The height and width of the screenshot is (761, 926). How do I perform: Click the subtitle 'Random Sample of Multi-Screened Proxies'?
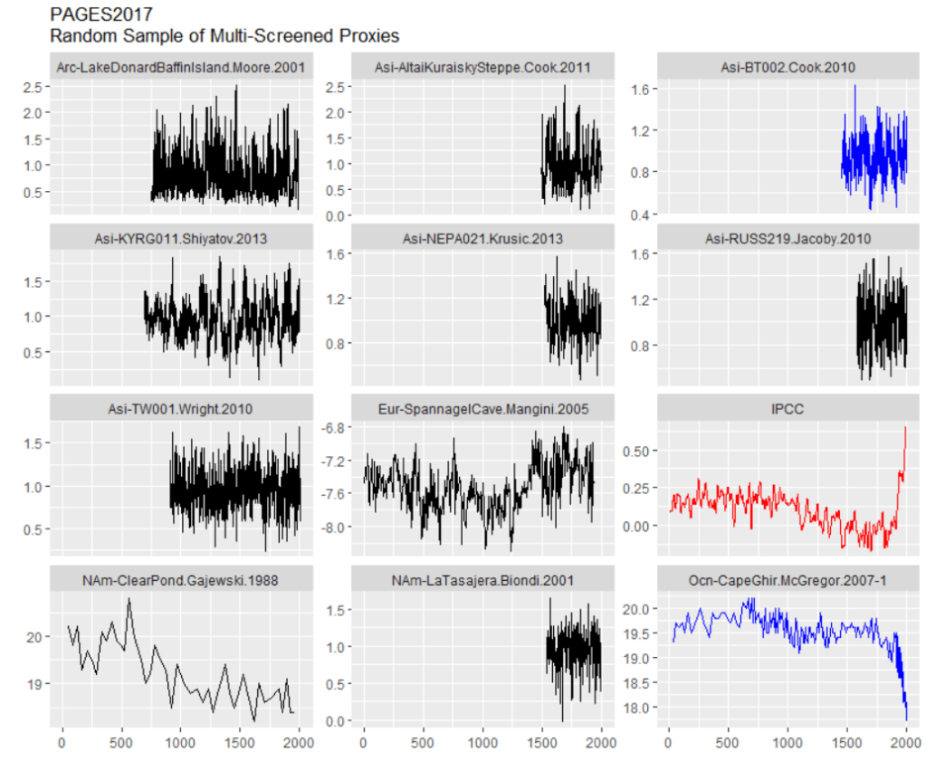tap(224, 36)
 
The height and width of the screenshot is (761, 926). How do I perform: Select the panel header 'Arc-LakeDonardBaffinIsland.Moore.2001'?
tap(180, 67)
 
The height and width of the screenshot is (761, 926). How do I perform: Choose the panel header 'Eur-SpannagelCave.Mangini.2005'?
tap(483, 409)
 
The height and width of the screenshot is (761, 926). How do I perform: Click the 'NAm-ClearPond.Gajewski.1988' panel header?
tap(180, 580)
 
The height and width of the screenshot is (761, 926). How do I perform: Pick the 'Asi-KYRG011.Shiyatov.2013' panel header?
tap(180, 238)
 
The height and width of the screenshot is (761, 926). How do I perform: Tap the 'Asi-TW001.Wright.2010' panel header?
tap(180, 409)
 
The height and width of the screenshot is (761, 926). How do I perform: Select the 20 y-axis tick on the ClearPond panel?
tap(35, 637)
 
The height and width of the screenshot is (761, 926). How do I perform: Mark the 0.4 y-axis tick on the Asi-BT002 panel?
tap(644, 214)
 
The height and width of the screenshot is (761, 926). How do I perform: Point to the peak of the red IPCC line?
tap(905, 427)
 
